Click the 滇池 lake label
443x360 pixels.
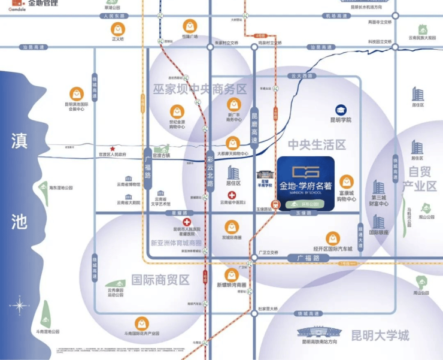point(19,182)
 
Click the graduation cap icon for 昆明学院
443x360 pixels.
point(341,110)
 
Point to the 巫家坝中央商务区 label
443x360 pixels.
point(199,89)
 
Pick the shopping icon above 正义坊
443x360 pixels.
point(118,28)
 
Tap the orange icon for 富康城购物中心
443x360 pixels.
point(347,181)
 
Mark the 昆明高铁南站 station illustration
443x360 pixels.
point(317,332)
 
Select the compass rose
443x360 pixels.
point(19,306)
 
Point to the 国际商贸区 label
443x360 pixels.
point(160,279)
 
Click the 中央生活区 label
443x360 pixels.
point(317,145)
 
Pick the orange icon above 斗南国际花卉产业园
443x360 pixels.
point(141,323)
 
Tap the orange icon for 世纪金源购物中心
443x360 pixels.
point(177,111)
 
